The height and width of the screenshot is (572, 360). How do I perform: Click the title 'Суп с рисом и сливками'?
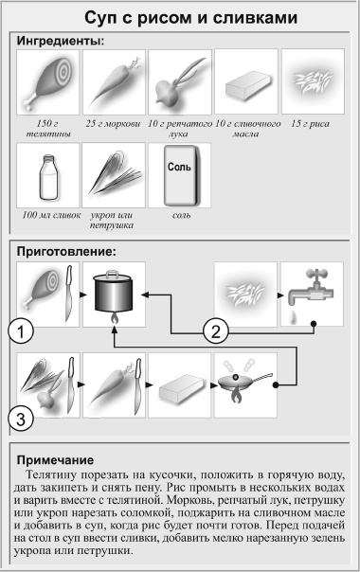pos(180,18)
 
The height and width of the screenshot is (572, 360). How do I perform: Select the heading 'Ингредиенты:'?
pos(60,41)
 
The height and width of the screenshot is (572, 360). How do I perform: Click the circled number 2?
pos(218,331)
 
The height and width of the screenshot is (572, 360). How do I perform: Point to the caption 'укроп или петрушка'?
pos(112,221)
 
